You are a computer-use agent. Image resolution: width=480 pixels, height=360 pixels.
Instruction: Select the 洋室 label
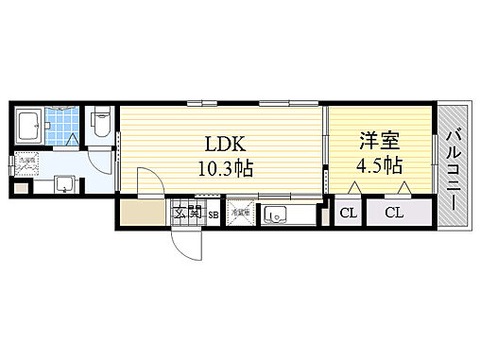point(377,141)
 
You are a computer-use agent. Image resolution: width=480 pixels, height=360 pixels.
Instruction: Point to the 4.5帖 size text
point(380,164)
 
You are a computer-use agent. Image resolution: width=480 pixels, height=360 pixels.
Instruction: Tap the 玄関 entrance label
point(188,213)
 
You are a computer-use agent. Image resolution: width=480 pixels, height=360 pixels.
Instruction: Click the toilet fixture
point(102,123)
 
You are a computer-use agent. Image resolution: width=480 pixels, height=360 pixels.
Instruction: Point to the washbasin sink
point(64,182)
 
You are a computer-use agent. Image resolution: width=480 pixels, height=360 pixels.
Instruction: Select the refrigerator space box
point(240,213)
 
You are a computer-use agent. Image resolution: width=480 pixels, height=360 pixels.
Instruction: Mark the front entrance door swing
point(187,245)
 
